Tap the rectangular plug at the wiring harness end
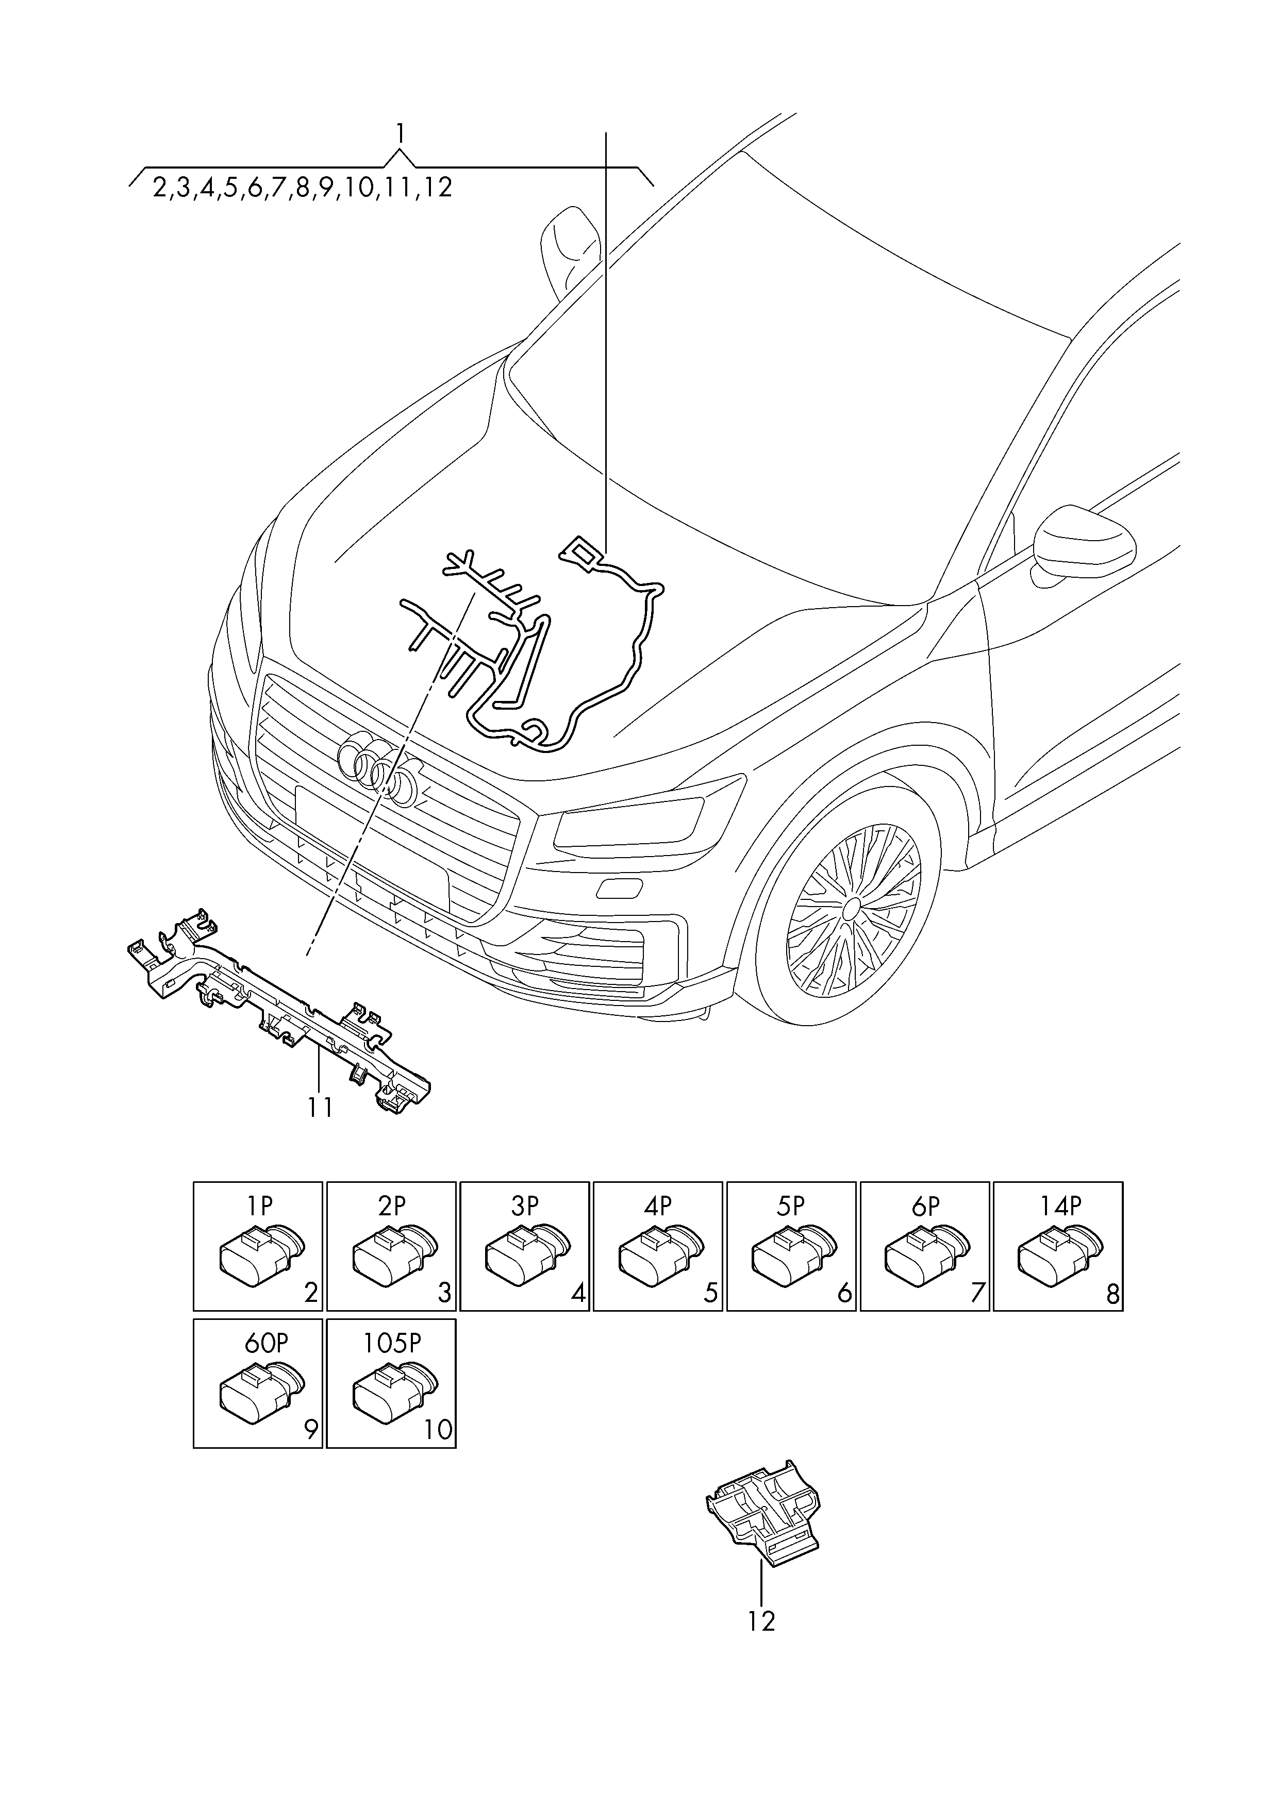[x=581, y=551]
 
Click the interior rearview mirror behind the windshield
[x=570, y=250]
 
